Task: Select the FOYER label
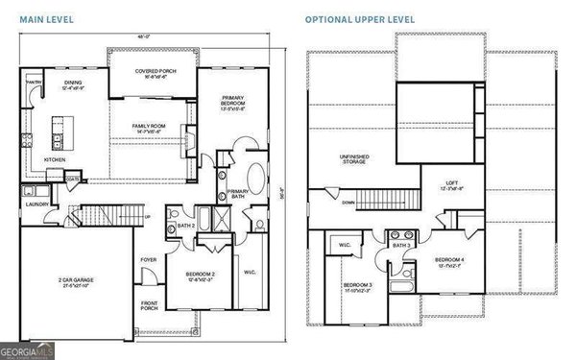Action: (150, 259)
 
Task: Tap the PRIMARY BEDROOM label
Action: (233, 99)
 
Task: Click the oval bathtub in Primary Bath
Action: (258, 179)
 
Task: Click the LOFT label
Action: (451, 184)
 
